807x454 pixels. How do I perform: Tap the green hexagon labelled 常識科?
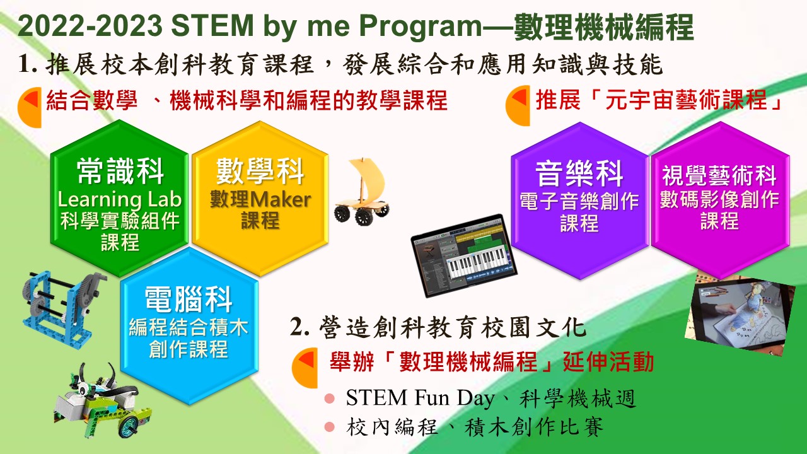pos(119,199)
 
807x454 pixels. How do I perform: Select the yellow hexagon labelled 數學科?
pos(260,199)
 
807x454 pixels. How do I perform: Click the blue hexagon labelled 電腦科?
pos(189,326)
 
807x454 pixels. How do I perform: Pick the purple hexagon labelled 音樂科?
pos(579,201)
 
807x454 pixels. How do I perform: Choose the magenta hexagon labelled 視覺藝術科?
pos(720,201)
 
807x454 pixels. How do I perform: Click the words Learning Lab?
pos(119,200)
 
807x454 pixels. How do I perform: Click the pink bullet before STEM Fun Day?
pos(329,399)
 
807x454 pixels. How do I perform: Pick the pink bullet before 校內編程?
pos(329,427)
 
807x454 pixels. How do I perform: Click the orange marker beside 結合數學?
pos(30,107)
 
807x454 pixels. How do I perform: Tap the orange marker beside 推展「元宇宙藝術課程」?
pos(518,105)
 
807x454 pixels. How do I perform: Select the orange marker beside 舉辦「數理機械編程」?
pos(305,368)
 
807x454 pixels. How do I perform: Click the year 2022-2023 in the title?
pos(90,26)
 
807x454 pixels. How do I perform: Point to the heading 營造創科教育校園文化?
pos(452,327)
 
